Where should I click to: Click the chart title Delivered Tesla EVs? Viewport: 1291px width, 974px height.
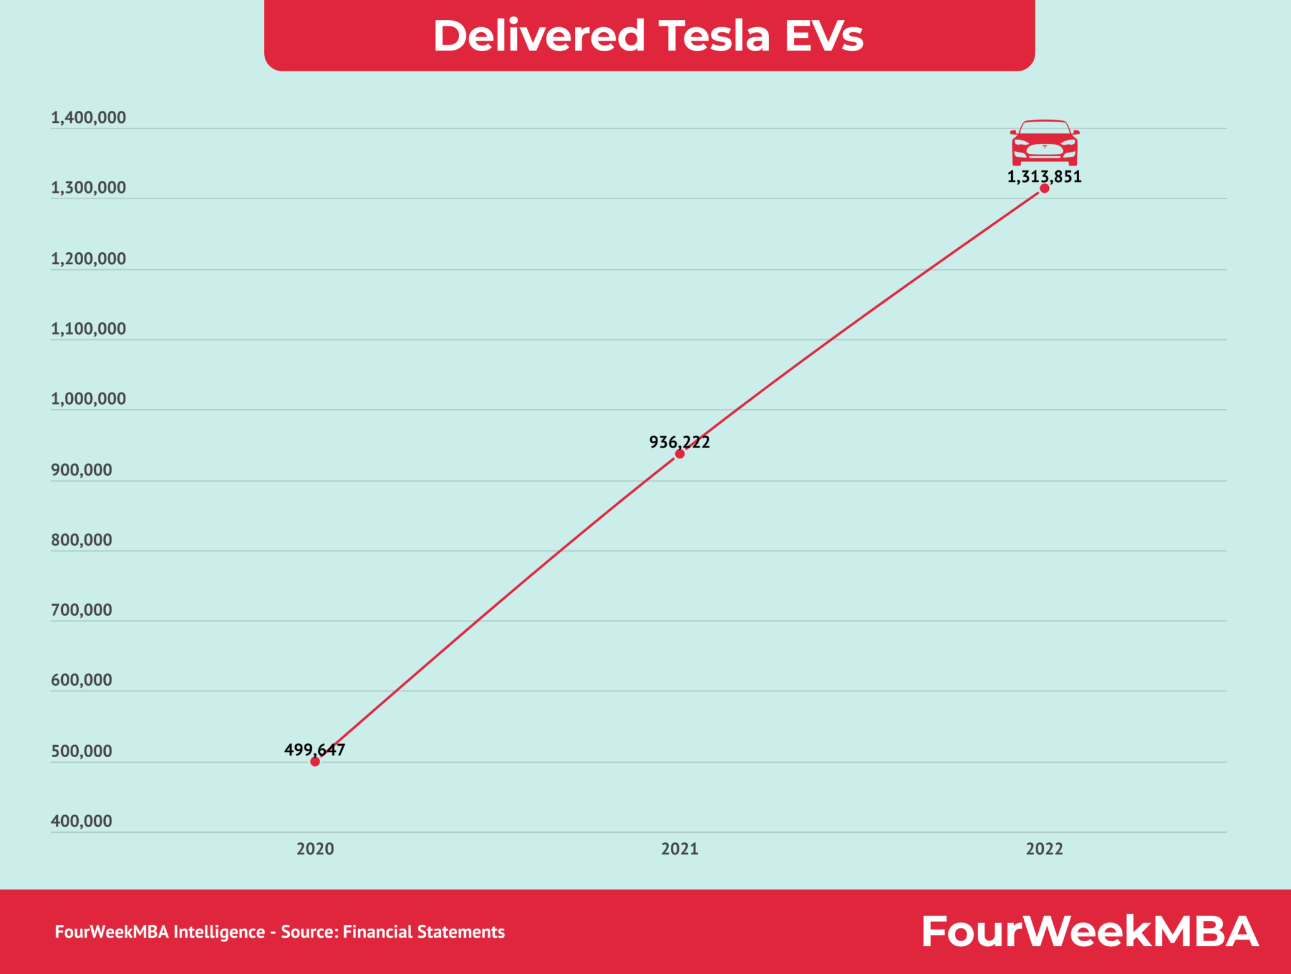pos(648,35)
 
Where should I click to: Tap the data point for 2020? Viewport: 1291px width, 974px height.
pos(315,762)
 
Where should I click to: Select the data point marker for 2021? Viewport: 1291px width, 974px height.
pos(680,454)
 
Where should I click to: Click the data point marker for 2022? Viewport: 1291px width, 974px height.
pos(1045,188)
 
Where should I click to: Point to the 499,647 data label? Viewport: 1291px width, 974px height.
pos(315,750)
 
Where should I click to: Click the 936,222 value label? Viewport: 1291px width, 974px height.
pos(680,442)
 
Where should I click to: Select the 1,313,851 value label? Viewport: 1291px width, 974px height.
pos(1044,177)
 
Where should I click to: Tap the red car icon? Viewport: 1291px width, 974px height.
pos(1045,142)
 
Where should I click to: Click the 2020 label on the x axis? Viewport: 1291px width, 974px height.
pos(315,849)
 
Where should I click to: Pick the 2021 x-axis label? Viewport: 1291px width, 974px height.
pos(680,849)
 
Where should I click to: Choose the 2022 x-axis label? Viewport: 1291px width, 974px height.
pos(1045,849)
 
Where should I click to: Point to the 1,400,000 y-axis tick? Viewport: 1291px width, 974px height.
pos(88,118)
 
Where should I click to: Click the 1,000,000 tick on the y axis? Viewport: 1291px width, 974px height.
pos(88,399)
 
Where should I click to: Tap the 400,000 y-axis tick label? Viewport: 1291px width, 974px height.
pos(81,821)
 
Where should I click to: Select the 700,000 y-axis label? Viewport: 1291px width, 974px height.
pos(81,610)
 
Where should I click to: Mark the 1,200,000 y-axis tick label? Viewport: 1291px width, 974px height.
pos(88,258)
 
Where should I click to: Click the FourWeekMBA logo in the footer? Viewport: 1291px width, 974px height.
pos(1090,932)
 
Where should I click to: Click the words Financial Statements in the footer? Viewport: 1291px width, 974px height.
pos(424,932)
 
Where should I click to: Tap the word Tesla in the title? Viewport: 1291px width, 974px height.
pos(714,35)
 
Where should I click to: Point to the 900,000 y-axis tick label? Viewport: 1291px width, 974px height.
pos(81,470)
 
